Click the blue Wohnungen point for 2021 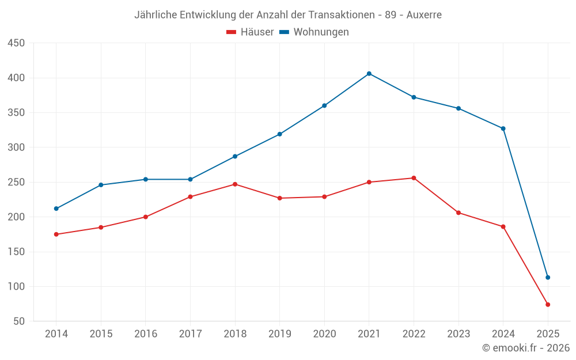coord(369,74)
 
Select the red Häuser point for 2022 coord(414,178)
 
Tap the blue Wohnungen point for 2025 coord(548,278)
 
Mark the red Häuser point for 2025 coord(548,305)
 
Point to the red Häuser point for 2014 coord(56,234)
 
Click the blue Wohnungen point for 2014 coord(56,209)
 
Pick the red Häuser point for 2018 coord(235,184)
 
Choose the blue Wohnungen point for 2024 coord(503,128)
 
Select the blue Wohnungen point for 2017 coord(190,179)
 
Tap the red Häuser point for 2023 coord(458,213)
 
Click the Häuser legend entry coord(250,32)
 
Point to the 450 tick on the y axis coord(16,43)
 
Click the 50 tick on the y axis coord(19,321)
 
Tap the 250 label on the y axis coord(16,182)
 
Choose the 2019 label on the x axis coord(280,334)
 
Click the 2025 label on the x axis coord(548,334)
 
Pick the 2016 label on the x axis coord(146,334)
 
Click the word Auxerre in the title coord(424,15)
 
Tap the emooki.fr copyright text coord(526,348)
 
